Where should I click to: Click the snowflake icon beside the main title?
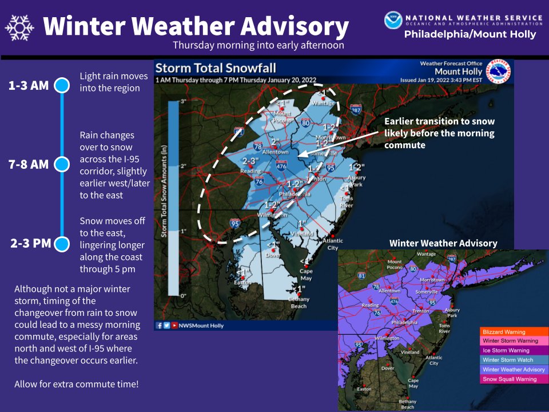(18, 27)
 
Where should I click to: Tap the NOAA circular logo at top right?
(393, 21)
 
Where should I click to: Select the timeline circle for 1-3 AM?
(61, 86)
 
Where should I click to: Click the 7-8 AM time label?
(29, 165)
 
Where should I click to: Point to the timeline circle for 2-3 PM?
(61, 244)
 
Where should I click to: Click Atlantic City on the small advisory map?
(433, 360)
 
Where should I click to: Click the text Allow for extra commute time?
(76, 383)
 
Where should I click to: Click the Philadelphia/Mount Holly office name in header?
(470, 34)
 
